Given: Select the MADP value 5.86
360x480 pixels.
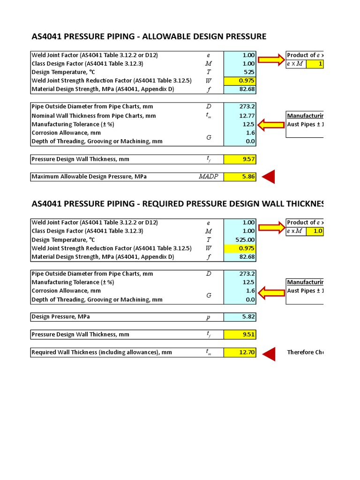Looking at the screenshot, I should tap(240, 177).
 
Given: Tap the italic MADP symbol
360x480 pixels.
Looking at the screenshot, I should tap(208, 177).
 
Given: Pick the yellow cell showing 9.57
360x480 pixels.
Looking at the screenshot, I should tap(240, 159).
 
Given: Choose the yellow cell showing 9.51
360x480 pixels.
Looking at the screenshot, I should tap(240, 335).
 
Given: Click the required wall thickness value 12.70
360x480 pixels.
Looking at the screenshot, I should tap(240, 352).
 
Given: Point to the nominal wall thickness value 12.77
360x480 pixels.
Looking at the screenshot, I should tap(240, 116).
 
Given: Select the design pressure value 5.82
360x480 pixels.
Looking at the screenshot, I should tap(240, 317).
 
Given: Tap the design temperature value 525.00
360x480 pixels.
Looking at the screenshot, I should tap(240, 240).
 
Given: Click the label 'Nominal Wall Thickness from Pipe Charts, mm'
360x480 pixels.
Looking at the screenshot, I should tap(94, 116).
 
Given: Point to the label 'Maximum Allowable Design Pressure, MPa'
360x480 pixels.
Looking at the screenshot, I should tap(89, 177).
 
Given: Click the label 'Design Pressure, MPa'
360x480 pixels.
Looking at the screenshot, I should tap(61, 317).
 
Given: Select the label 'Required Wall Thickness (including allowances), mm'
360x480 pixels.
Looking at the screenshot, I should tap(102, 352).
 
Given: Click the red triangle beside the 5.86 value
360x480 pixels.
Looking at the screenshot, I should tap(269, 177).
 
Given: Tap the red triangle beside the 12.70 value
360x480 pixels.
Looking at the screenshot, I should tap(269, 352).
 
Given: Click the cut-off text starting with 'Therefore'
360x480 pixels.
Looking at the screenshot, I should tap(305, 352).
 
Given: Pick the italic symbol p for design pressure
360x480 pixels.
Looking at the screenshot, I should tap(208, 317).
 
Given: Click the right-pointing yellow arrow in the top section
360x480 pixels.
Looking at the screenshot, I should tap(271, 60).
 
